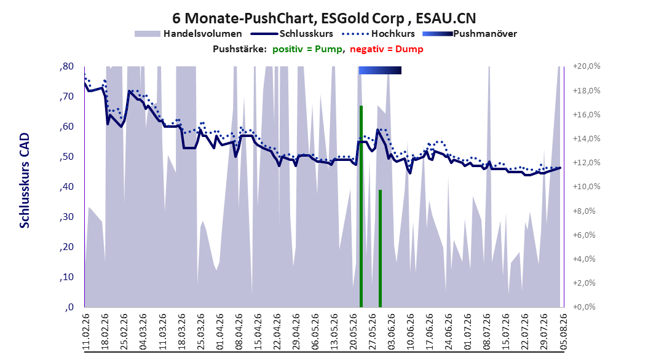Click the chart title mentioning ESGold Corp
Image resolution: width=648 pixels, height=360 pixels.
click(324, 18)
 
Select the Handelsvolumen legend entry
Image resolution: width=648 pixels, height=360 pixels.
click(189, 34)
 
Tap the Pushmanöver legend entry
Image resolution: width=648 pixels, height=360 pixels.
click(470, 34)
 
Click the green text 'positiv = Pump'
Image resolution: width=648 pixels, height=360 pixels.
click(307, 49)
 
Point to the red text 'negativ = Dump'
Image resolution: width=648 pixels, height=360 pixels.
click(387, 49)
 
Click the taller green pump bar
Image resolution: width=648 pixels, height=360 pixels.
click(361, 206)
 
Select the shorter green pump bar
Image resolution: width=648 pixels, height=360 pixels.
click(380, 249)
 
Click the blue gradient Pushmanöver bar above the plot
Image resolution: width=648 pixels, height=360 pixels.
click(380, 70)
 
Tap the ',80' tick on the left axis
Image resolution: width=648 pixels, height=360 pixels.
click(66, 66)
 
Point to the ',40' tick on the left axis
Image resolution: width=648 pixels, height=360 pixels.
click(66, 187)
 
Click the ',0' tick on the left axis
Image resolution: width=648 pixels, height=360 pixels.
click(69, 307)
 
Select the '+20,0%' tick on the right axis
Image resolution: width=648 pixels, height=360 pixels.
click(587, 66)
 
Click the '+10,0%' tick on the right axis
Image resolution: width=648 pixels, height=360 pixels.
click(587, 187)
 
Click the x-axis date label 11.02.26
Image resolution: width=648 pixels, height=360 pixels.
click(86, 332)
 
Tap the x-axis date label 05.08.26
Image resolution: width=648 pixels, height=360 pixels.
click(563, 332)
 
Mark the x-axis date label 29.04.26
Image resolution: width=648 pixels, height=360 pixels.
click(296, 332)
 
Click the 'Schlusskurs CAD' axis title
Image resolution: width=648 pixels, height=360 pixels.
click(25, 181)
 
